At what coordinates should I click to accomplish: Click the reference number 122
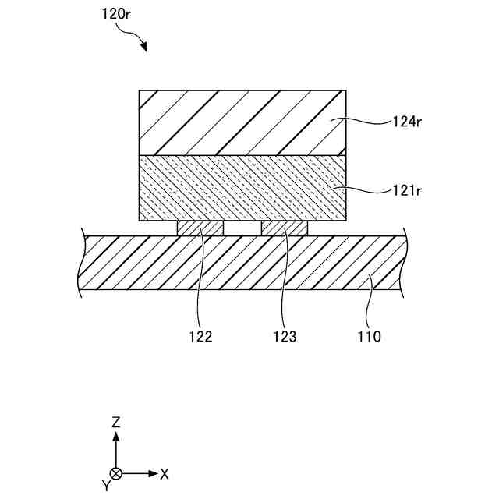(x=200, y=337)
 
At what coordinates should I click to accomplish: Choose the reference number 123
(x=285, y=337)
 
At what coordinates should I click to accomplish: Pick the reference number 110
(x=369, y=337)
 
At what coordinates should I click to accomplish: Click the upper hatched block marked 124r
(x=242, y=122)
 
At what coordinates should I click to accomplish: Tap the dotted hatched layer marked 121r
(x=242, y=189)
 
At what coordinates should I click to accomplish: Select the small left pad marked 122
(x=200, y=228)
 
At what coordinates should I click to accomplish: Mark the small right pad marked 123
(x=285, y=228)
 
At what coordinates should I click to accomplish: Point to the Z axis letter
(x=116, y=423)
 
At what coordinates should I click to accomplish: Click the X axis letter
(x=165, y=473)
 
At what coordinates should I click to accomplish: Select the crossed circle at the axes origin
(x=116, y=473)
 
